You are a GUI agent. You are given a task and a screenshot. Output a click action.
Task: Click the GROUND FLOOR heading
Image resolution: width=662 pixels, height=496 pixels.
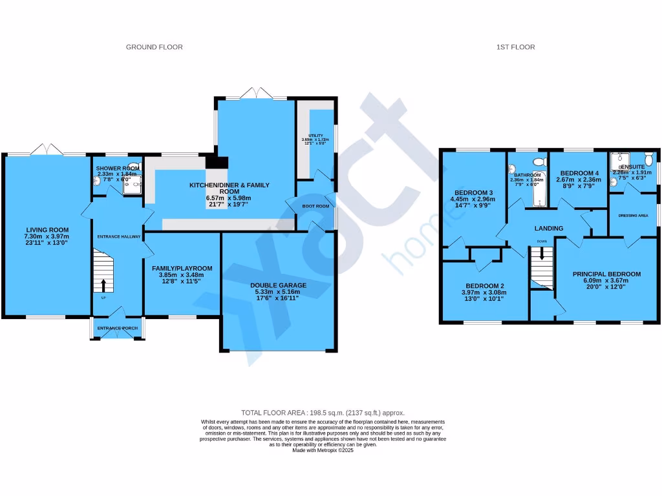pos(154,47)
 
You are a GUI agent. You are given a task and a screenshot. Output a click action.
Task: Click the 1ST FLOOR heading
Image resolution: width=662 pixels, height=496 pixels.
pos(515,47)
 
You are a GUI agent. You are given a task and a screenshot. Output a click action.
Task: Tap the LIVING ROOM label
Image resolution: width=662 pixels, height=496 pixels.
pos(47,229)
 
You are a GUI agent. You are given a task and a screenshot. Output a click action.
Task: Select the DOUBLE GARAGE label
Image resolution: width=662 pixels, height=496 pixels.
pos(278,285)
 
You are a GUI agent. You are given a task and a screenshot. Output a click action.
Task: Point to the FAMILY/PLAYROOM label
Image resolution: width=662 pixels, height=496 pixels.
pos(182,268)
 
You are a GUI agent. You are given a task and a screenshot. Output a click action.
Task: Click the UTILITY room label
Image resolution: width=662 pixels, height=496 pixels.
pos(315,136)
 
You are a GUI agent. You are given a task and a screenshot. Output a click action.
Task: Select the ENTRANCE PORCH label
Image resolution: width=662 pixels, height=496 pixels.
pos(117,328)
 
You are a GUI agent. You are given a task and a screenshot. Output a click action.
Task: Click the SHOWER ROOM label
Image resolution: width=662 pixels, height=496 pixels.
pos(118,168)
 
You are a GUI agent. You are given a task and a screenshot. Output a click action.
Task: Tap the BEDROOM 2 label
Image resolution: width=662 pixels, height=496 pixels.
pos(484,285)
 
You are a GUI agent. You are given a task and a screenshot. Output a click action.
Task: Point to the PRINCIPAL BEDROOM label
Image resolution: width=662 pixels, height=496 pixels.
pos(606,274)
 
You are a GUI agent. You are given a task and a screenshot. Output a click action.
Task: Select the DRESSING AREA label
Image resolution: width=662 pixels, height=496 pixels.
pos(634,216)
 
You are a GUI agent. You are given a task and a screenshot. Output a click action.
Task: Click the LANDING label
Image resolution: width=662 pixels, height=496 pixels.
pos(548,228)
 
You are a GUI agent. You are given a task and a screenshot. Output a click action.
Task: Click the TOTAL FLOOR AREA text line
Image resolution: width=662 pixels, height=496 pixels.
pos(323,413)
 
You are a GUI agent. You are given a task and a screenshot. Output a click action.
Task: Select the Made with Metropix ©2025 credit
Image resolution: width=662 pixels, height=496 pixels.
pos(323,450)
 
